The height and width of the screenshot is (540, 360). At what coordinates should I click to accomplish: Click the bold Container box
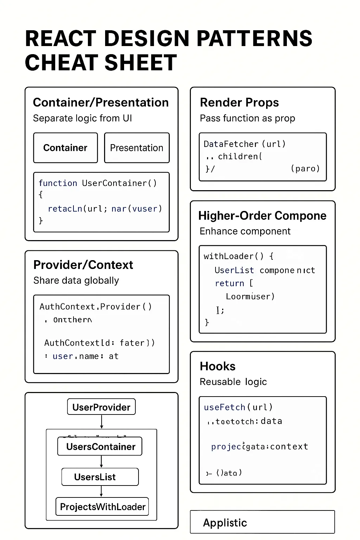click(x=65, y=148)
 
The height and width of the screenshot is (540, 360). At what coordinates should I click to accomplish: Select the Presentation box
click(x=137, y=148)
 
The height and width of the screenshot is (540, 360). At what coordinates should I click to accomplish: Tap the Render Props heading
click(x=239, y=102)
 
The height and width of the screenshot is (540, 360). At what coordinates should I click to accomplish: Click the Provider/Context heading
click(x=83, y=265)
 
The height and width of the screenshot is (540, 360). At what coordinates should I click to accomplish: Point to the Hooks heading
click(x=217, y=366)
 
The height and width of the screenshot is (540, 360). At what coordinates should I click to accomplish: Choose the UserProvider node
click(x=101, y=407)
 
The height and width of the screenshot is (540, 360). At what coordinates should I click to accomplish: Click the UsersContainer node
click(x=100, y=446)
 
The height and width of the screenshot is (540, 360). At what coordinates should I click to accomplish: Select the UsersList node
click(x=100, y=477)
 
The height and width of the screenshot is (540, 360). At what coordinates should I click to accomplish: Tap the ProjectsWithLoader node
click(x=102, y=507)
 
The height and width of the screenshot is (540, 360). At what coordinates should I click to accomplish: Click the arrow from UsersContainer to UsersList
click(x=101, y=462)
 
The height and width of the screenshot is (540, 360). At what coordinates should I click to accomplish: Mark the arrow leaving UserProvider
click(x=101, y=422)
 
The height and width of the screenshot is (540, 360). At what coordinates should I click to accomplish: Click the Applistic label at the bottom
click(x=225, y=523)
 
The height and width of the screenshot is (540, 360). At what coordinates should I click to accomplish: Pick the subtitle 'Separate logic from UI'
click(x=82, y=118)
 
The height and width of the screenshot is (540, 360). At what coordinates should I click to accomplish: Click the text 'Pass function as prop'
click(x=247, y=118)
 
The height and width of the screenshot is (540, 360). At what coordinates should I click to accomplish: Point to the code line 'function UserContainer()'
click(x=97, y=183)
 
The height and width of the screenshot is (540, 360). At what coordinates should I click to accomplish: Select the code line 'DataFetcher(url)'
click(x=244, y=144)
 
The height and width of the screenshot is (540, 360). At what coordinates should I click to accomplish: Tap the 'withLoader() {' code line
click(x=238, y=256)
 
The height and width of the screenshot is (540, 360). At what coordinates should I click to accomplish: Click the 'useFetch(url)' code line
click(x=238, y=407)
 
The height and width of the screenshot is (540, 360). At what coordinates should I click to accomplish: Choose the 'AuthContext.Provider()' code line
click(x=96, y=307)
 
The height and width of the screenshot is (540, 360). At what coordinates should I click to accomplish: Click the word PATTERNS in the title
click(x=254, y=39)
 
